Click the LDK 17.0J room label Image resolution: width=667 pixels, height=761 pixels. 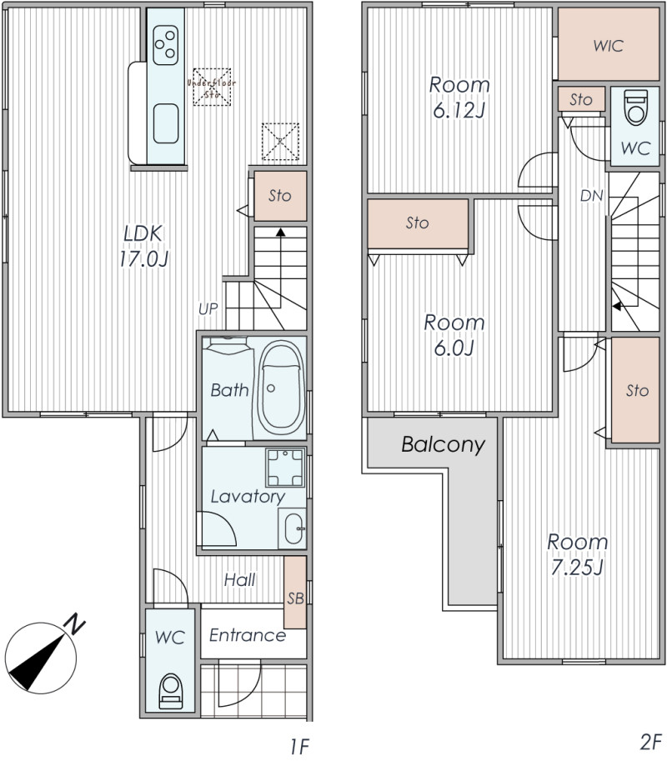tap(143, 247)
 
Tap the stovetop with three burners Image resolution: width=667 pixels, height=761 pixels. tap(165, 45)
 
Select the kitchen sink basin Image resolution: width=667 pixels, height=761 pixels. tap(166, 123)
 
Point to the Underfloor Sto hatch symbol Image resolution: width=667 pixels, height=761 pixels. tap(212, 87)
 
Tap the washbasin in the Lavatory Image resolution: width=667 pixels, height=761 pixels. tap(293, 528)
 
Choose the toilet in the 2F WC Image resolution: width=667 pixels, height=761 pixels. tap(635, 107)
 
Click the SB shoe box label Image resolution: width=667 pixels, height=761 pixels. tap(296, 598)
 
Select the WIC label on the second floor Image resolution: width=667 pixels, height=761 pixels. tap(609, 46)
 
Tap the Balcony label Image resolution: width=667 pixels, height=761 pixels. tap(444, 444)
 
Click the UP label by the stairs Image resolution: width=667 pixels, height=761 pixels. tap(208, 308)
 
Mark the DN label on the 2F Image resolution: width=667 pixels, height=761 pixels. tap(591, 196)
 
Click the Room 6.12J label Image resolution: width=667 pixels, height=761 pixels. tap(459, 98)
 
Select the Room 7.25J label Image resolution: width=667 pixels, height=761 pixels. tap(578, 554)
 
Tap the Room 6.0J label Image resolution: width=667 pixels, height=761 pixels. tap(454, 335)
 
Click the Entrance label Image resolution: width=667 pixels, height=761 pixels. tap(248, 635)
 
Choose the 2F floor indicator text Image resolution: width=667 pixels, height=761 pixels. tap(651, 742)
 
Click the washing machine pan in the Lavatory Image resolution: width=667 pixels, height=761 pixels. tap(285, 468)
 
